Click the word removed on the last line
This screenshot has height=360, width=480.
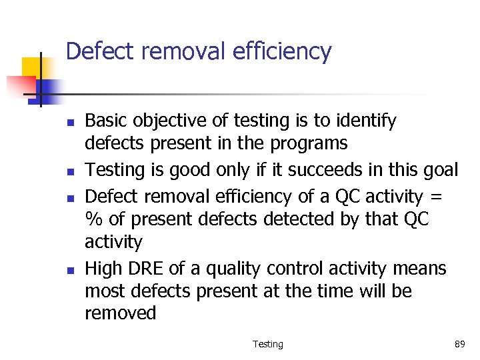point(120,313)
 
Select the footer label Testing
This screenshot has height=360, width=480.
point(268,344)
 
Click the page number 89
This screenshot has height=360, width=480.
point(459,344)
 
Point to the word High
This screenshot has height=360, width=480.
point(103,269)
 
